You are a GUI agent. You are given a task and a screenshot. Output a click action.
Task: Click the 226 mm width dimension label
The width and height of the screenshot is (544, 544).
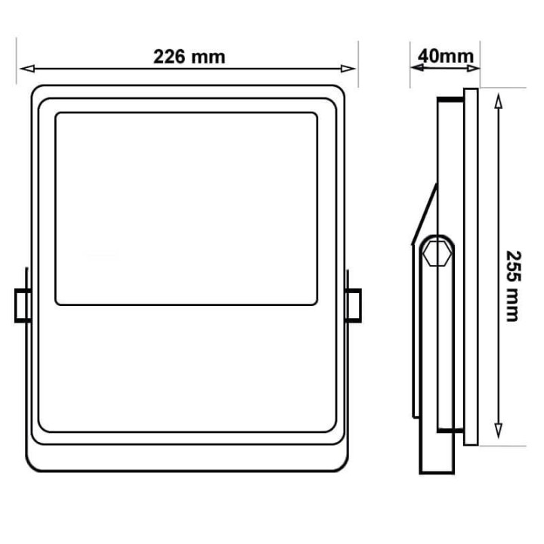[189, 57]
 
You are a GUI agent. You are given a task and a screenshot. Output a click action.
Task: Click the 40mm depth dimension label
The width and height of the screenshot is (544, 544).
[446, 56]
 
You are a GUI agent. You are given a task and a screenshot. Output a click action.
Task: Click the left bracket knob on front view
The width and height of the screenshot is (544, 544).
[23, 304]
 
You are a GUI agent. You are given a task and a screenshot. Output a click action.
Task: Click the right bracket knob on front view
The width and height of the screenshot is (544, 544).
[353, 304]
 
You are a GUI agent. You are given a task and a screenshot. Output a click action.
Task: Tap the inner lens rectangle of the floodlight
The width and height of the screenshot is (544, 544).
[186, 209]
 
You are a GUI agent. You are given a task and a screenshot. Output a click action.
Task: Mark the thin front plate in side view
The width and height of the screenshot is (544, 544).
[471, 264]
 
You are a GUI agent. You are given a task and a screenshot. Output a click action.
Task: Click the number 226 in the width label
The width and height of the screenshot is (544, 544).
[170, 57]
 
